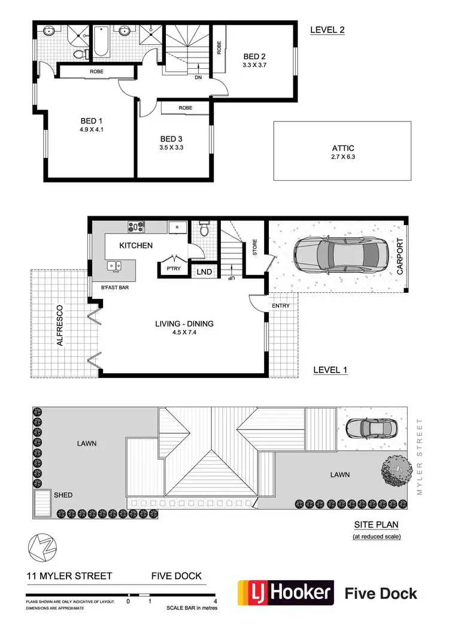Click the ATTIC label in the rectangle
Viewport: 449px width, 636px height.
coord(343,148)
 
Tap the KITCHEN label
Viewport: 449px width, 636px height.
coord(136,246)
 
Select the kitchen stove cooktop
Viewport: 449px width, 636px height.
coord(136,227)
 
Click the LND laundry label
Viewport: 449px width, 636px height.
coord(204,271)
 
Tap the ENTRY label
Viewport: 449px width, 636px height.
coord(280,306)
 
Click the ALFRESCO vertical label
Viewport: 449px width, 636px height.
coord(60,326)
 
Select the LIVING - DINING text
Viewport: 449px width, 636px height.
coord(184,323)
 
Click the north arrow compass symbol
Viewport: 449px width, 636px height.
coord(38,548)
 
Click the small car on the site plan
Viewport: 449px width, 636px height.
coord(371,428)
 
